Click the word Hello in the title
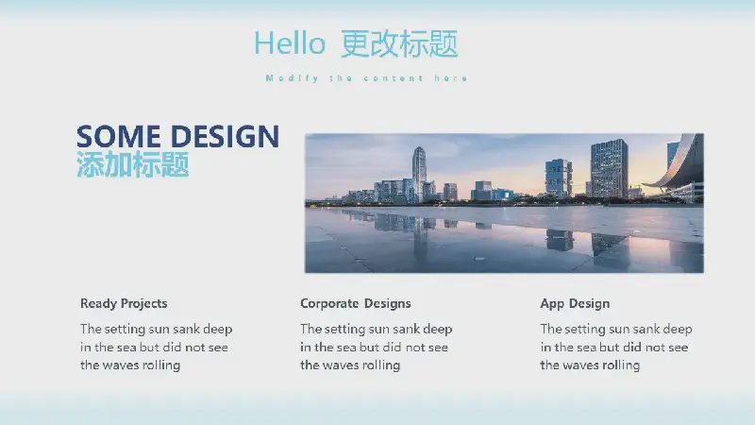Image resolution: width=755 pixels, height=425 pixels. point(290,43)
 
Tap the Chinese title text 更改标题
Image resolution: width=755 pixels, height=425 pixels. point(399,43)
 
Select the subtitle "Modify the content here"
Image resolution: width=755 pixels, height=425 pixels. point(366,78)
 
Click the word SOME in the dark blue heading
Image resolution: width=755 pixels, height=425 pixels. point(119,136)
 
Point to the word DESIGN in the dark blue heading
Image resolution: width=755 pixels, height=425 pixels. point(226,136)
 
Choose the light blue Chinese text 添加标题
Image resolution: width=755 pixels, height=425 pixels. point(133,164)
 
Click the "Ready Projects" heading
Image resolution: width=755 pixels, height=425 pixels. point(124,303)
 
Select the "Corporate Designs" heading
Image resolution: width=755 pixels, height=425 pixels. point(356,303)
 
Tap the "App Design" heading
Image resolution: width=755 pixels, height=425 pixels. point(575,303)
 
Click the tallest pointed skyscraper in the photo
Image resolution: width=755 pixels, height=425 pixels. point(419,174)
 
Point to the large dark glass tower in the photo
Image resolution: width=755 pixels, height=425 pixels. point(609,168)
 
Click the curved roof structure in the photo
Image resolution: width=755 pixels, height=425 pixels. point(678,163)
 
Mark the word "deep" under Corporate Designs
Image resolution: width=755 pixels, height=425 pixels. point(438,330)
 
